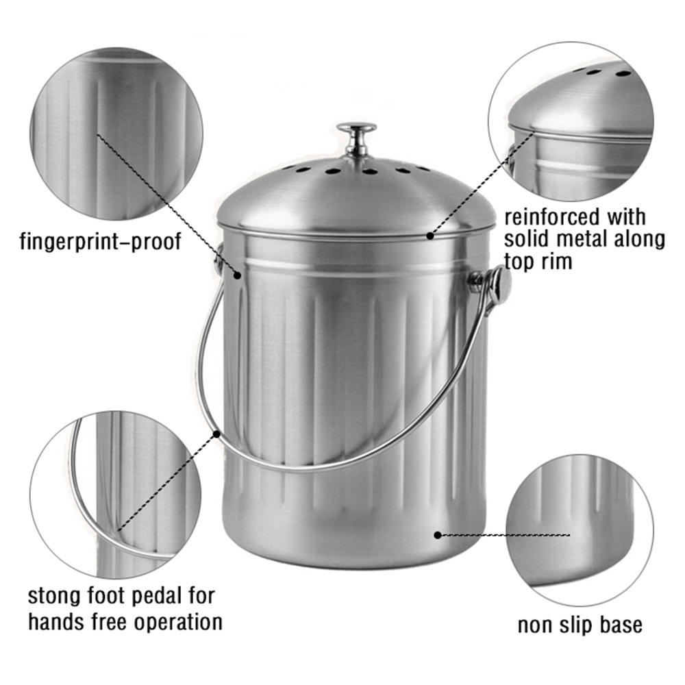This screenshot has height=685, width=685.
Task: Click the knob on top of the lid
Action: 356,138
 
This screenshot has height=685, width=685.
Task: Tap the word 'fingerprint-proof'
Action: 100,240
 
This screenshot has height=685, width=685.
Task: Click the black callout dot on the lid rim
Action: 430,236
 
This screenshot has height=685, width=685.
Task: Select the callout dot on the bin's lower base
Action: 437,535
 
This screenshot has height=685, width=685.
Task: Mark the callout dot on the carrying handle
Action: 216,434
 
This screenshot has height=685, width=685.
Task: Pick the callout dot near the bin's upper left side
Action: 237,275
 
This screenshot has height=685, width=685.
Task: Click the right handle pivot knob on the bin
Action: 499,284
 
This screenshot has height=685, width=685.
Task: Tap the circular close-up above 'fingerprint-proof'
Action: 116,134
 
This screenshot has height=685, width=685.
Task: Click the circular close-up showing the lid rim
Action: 571,121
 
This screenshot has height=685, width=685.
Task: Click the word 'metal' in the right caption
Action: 590,239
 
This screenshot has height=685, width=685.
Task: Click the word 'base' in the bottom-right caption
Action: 621,625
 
